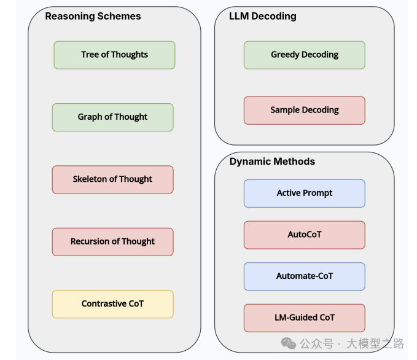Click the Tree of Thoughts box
114,55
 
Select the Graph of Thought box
112,117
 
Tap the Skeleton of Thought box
112,179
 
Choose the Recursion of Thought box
112,241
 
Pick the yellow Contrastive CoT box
112,304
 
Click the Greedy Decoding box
304,55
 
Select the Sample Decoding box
304,111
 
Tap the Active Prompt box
304,193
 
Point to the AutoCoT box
304,235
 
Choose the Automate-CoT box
304,276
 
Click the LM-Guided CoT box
304,318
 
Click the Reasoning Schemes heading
93,17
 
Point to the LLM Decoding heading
262,17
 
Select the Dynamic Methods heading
272,162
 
